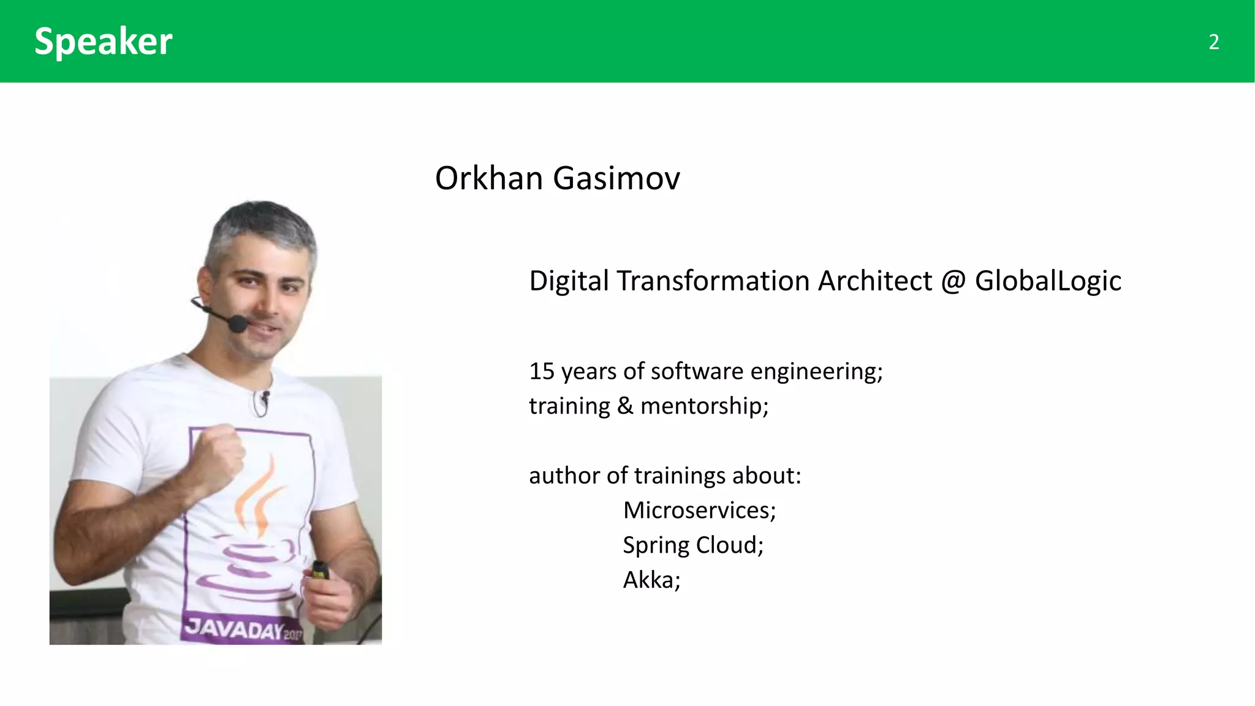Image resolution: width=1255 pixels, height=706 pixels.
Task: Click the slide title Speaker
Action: point(103,42)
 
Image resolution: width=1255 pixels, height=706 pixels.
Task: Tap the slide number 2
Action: point(1213,42)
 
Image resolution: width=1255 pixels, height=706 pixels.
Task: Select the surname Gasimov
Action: point(616,178)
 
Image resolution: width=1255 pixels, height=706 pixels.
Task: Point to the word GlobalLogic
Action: point(1048,281)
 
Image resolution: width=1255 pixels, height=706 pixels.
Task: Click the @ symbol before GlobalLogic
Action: point(953,281)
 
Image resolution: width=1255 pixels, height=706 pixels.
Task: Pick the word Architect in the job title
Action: point(875,281)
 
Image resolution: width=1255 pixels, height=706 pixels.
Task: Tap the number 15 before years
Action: point(542,371)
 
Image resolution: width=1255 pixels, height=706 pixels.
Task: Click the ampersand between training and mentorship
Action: point(625,406)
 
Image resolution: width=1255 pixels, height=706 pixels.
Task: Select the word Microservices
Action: point(699,511)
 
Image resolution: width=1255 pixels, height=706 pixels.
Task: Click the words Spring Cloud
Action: point(692,545)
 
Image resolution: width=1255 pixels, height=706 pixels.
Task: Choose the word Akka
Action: point(651,580)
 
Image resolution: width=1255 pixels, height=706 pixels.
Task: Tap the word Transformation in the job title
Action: point(713,281)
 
